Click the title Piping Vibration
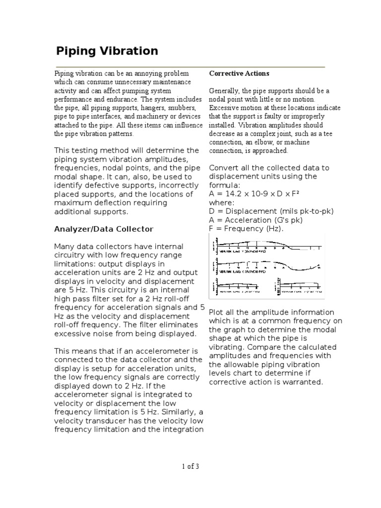106,51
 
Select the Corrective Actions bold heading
239,73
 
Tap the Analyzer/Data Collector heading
103,229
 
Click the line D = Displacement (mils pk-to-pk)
271,211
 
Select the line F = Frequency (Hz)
246,228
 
